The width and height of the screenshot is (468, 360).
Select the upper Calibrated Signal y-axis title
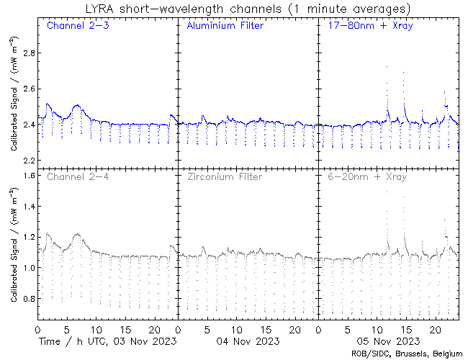point(14,106)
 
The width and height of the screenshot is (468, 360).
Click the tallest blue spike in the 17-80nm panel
point(387,66)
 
